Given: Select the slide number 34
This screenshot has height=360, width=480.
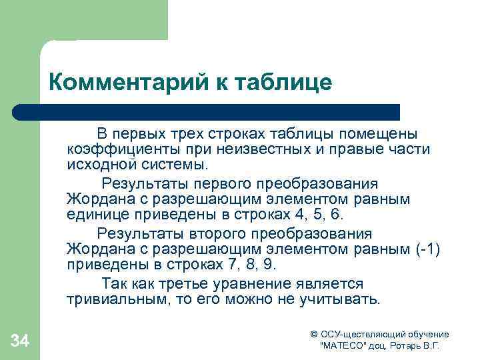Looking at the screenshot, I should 20,342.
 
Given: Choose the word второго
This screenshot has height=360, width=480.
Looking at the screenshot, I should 219,234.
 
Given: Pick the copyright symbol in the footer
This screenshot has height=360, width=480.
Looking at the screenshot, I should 315,334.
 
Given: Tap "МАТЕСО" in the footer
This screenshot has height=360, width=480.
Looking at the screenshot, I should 342,347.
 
